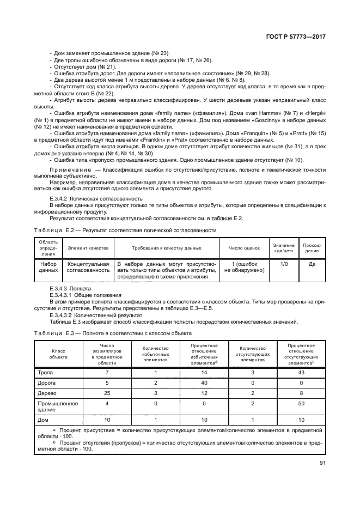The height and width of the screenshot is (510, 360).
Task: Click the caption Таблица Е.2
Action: [x=53, y=230]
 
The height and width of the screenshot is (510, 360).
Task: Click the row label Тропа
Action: [x=46, y=372]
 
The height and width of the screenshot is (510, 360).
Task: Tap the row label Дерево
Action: [x=47, y=393]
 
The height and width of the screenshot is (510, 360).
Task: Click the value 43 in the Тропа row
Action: [x=302, y=372]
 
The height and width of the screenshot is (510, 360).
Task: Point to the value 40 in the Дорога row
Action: [x=204, y=382]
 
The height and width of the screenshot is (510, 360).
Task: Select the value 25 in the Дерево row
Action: [x=107, y=393]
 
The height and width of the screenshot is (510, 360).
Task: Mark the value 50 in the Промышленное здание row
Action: [x=302, y=404]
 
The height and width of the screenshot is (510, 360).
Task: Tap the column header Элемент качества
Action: [x=88, y=248]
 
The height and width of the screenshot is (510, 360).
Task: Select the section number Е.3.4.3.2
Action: [x=63, y=315]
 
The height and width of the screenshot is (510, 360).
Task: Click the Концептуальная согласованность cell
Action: [x=88, y=266]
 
